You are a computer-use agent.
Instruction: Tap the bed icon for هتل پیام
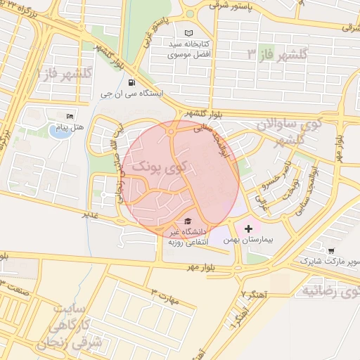tap(69, 116)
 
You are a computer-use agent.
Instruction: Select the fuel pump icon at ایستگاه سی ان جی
tap(133, 81)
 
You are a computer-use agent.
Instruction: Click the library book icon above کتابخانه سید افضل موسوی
tap(188, 33)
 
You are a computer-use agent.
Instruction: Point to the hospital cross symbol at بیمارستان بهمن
tap(248, 229)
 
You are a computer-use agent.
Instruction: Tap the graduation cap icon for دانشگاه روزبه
tap(186, 221)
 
